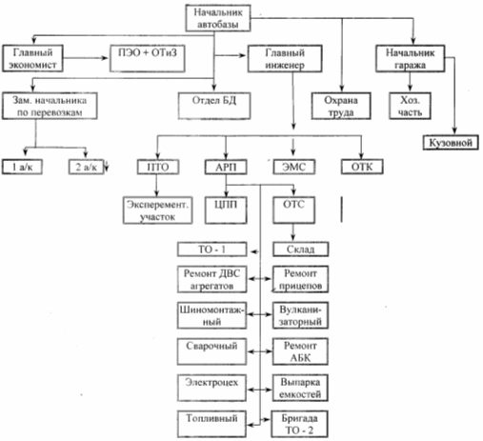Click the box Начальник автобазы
tap(218, 18)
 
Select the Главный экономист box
tap(32, 58)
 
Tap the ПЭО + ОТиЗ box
tap(148, 58)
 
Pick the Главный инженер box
tap(285, 58)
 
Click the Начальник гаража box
tap(410, 58)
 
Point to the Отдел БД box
tap(214, 106)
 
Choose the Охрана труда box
tap(341, 106)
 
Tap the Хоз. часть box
tap(410, 106)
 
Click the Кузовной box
tap(451, 143)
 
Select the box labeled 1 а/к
tap(22, 167)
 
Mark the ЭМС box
tap(294, 167)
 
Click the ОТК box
tap(362, 167)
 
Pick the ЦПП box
tap(226, 210)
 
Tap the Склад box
tap(300, 250)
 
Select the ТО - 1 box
tap(211, 250)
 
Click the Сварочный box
tap(211, 351)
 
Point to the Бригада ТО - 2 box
tap(299, 424)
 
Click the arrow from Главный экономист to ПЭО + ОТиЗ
tap(86, 58)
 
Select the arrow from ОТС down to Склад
tap(293, 232)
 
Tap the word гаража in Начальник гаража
tap(410, 66)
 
